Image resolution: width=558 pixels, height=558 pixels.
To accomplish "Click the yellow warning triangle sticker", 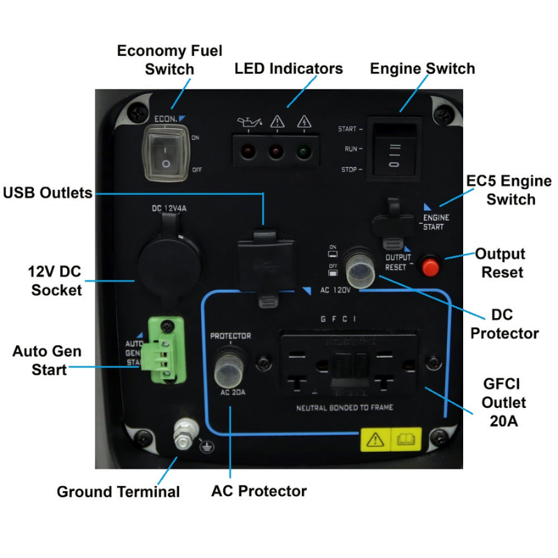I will (375, 439).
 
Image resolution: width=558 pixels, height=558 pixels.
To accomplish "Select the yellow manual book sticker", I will (405, 439).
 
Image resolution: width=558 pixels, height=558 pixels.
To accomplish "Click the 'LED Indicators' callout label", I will (289, 68).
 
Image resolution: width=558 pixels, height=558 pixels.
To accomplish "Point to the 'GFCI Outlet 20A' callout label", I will (504, 402).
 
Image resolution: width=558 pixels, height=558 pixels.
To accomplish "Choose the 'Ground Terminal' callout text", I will (119, 492).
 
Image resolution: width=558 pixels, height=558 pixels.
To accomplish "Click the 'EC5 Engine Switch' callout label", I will (501, 190).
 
